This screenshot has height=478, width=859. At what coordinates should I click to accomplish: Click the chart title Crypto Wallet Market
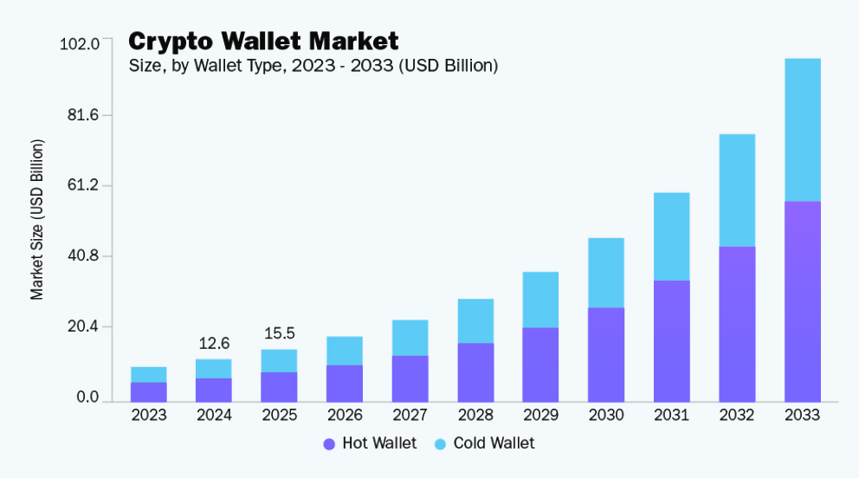pos(263,41)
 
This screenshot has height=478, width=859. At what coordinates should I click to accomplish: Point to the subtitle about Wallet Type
pos(313,65)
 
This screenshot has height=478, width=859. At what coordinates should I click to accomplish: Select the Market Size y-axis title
pos(37,219)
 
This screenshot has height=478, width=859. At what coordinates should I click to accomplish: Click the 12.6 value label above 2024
pos(214,343)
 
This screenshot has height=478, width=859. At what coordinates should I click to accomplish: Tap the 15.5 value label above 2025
pos(279,333)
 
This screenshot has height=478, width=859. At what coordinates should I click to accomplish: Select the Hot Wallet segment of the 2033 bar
pos(802,300)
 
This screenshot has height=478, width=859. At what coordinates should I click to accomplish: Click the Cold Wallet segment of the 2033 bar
pos(802,130)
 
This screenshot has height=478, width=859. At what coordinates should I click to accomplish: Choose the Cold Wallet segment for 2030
pos(606,273)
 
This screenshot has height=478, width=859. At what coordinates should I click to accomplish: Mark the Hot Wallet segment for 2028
pos(475,371)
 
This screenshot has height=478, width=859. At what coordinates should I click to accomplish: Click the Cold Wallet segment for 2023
pos(149,374)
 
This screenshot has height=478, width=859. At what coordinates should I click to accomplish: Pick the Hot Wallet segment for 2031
pos(671,340)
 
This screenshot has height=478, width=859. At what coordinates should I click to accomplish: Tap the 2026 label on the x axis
pos(345,415)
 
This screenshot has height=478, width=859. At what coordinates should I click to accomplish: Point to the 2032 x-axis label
pos(737,415)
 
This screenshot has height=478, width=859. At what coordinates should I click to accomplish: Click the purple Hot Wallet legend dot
pos(329,444)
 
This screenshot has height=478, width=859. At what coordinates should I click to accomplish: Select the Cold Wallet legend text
pos(494,443)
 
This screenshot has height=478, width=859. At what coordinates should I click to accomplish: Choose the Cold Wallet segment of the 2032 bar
pos(737,191)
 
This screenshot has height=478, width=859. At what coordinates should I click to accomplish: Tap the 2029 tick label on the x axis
pos(540,415)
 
